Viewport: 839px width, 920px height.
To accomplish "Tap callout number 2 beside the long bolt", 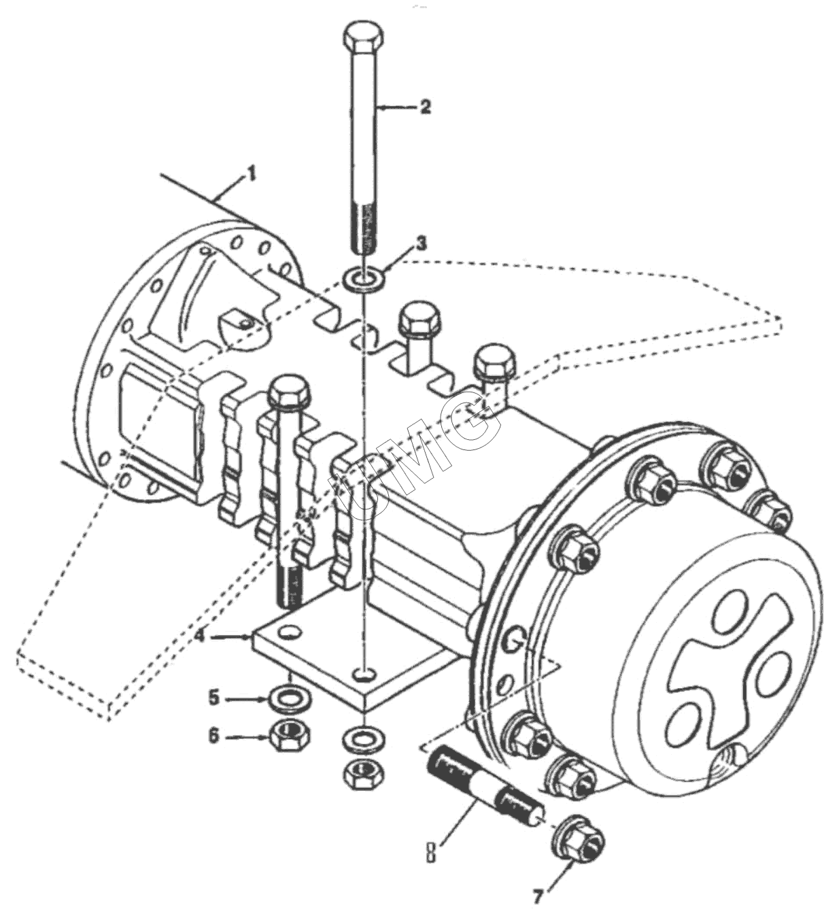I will pyautogui.click(x=425, y=107).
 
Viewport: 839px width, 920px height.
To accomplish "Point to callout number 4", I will pyautogui.click(x=200, y=636).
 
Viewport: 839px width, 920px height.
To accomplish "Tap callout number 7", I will pyautogui.click(x=538, y=898).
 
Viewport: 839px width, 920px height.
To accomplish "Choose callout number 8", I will pyautogui.click(x=430, y=851).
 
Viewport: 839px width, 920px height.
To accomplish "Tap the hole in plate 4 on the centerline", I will pyautogui.click(x=365, y=674).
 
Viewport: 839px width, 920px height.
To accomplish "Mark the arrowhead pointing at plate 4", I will pyautogui.click(x=246, y=636).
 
